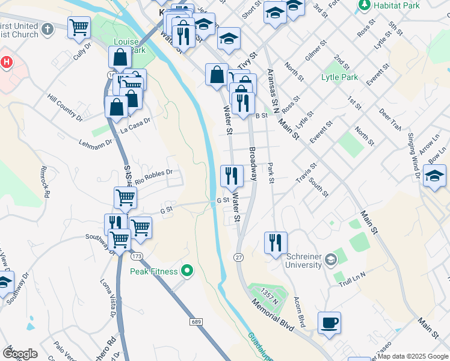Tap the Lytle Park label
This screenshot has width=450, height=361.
(339, 77)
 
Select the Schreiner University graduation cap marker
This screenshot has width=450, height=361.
(330, 261)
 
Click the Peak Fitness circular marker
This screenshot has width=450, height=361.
(187, 271)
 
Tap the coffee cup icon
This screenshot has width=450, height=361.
(329, 322)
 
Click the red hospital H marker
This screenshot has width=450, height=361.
(6, 62)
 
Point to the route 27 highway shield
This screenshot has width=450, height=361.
(239, 257)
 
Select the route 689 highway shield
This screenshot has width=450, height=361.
(196, 322)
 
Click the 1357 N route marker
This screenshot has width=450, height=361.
(269, 295)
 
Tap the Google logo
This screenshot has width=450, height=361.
(20, 353)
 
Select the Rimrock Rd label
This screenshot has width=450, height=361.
(45, 180)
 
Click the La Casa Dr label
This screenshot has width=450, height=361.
(134, 128)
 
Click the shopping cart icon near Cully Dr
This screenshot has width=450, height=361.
(79, 28)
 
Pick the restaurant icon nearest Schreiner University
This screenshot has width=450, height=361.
(276, 243)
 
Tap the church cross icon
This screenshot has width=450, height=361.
(48, 28)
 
